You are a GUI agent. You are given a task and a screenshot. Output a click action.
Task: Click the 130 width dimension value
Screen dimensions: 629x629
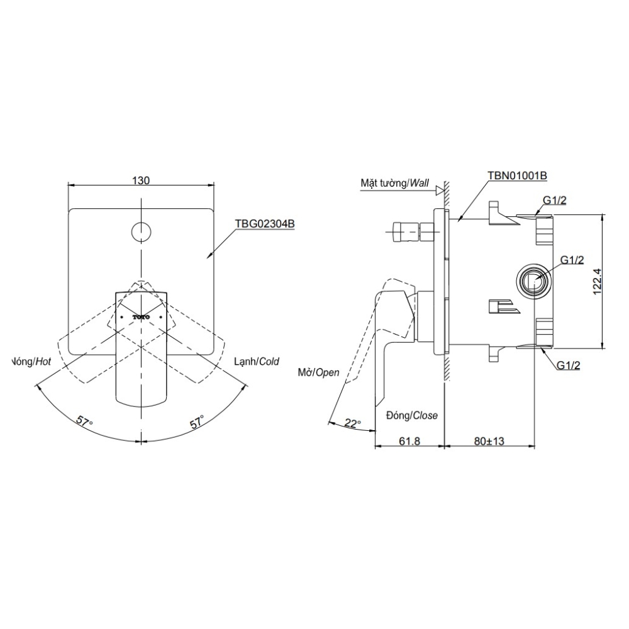(141, 181)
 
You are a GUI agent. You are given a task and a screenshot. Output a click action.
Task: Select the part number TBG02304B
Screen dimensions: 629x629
(265, 223)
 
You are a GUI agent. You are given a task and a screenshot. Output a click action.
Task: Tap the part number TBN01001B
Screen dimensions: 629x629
(516, 176)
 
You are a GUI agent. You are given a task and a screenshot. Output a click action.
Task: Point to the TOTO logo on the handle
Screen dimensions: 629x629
(142, 318)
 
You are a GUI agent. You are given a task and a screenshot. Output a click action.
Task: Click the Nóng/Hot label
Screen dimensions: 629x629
(32, 362)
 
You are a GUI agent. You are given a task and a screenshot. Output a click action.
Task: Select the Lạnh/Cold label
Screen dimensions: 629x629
(256, 362)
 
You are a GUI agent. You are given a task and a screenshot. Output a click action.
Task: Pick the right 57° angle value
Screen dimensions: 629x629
(198, 422)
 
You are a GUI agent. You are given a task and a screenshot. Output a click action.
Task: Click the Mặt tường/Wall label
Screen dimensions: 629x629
(394, 183)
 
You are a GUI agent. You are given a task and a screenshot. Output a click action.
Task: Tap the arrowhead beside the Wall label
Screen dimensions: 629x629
(441, 187)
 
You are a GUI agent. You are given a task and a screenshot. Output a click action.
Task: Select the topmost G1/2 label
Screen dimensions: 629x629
(555, 201)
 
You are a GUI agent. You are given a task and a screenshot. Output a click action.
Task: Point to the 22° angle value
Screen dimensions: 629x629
(353, 424)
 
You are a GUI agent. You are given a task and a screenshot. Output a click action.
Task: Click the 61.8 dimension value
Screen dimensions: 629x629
(409, 441)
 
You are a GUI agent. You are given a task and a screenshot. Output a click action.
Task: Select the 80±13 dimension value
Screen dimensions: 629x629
(489, 441)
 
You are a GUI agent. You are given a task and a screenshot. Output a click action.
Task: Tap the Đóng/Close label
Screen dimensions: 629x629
(412, 416)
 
